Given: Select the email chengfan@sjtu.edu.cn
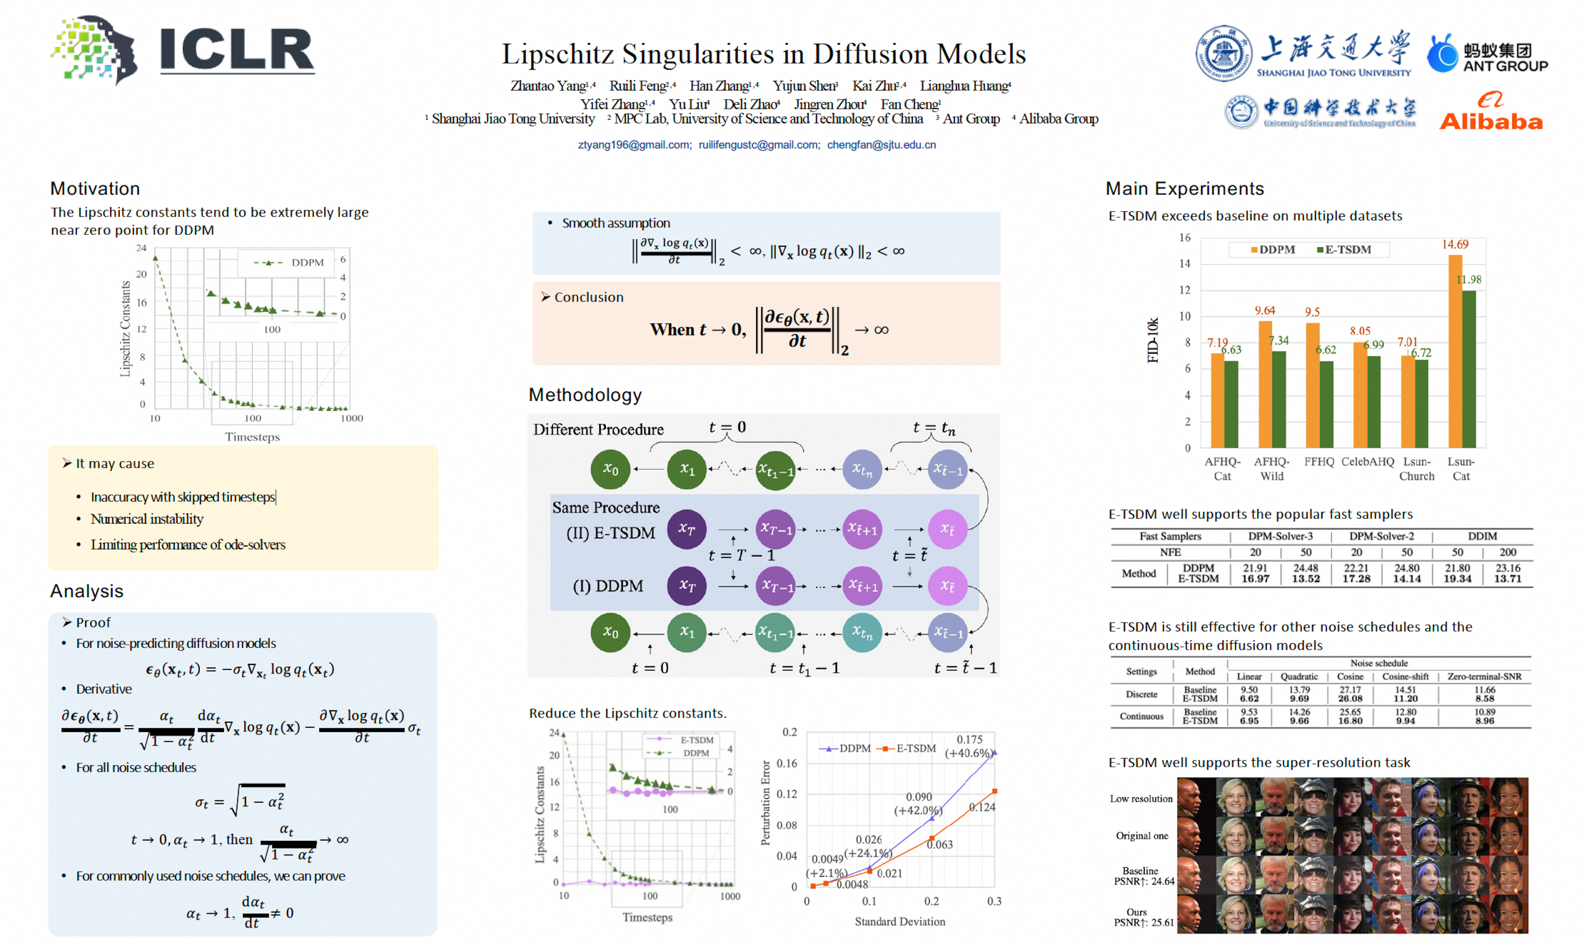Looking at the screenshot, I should point(881,145).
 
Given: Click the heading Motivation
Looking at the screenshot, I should point(95,189).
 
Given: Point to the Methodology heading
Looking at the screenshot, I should point(584,395).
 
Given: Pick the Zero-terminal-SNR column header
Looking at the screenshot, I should point(1484,676).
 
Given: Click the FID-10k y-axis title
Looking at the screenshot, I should point(1152,340).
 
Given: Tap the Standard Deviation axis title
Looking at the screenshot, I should point(900,921).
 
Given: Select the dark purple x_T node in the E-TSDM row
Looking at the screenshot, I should point(687,529).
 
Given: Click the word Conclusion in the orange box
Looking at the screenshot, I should point(588,297).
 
